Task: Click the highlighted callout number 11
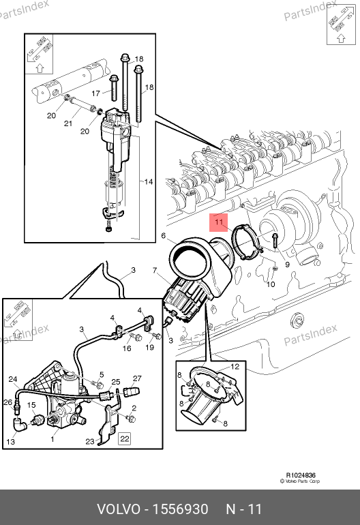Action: click(219, 222)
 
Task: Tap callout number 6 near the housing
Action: click(164, 236)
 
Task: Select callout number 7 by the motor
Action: click(155, 270)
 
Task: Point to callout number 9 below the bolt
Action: click(287, 265)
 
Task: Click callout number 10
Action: click(271, 284)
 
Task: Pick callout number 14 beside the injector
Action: click(149, 182)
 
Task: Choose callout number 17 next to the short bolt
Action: click(95, 93)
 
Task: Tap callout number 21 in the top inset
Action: click(68, 123)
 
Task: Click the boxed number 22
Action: click(125, 438)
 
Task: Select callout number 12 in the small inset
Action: click(235, 367)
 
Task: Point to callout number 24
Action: click(13, 379)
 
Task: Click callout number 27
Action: click(137, 378)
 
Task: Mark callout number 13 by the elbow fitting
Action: click(11, 442)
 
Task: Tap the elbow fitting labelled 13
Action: click(19, 425)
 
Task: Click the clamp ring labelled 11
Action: click(247, 242)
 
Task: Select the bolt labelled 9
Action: click(275, 241)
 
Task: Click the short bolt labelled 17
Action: click(114, 88)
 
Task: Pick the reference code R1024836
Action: click(301, 475)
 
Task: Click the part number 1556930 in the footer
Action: click(181, 509)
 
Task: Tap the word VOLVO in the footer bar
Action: click(119, 509)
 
